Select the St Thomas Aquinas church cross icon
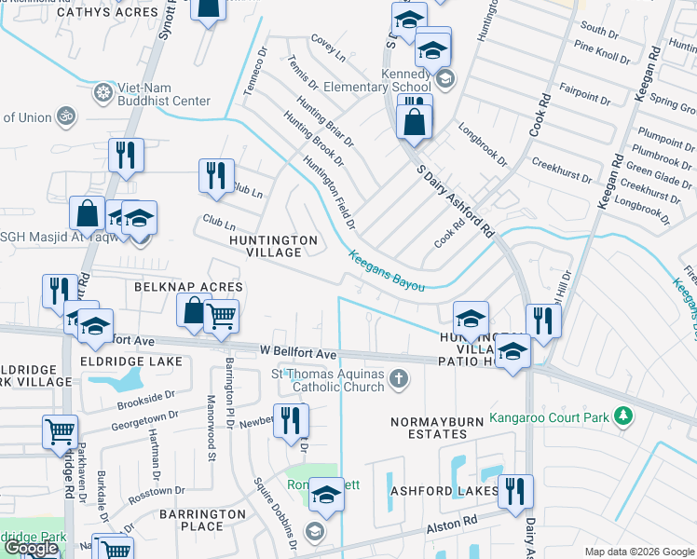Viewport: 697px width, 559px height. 399,378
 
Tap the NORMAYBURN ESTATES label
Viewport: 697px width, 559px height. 429,429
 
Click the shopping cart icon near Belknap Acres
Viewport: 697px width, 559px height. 221,318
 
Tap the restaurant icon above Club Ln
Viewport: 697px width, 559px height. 216,174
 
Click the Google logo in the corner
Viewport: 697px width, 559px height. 31,549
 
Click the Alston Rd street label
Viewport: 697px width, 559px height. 453,525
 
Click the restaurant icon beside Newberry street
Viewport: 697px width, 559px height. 292,419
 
